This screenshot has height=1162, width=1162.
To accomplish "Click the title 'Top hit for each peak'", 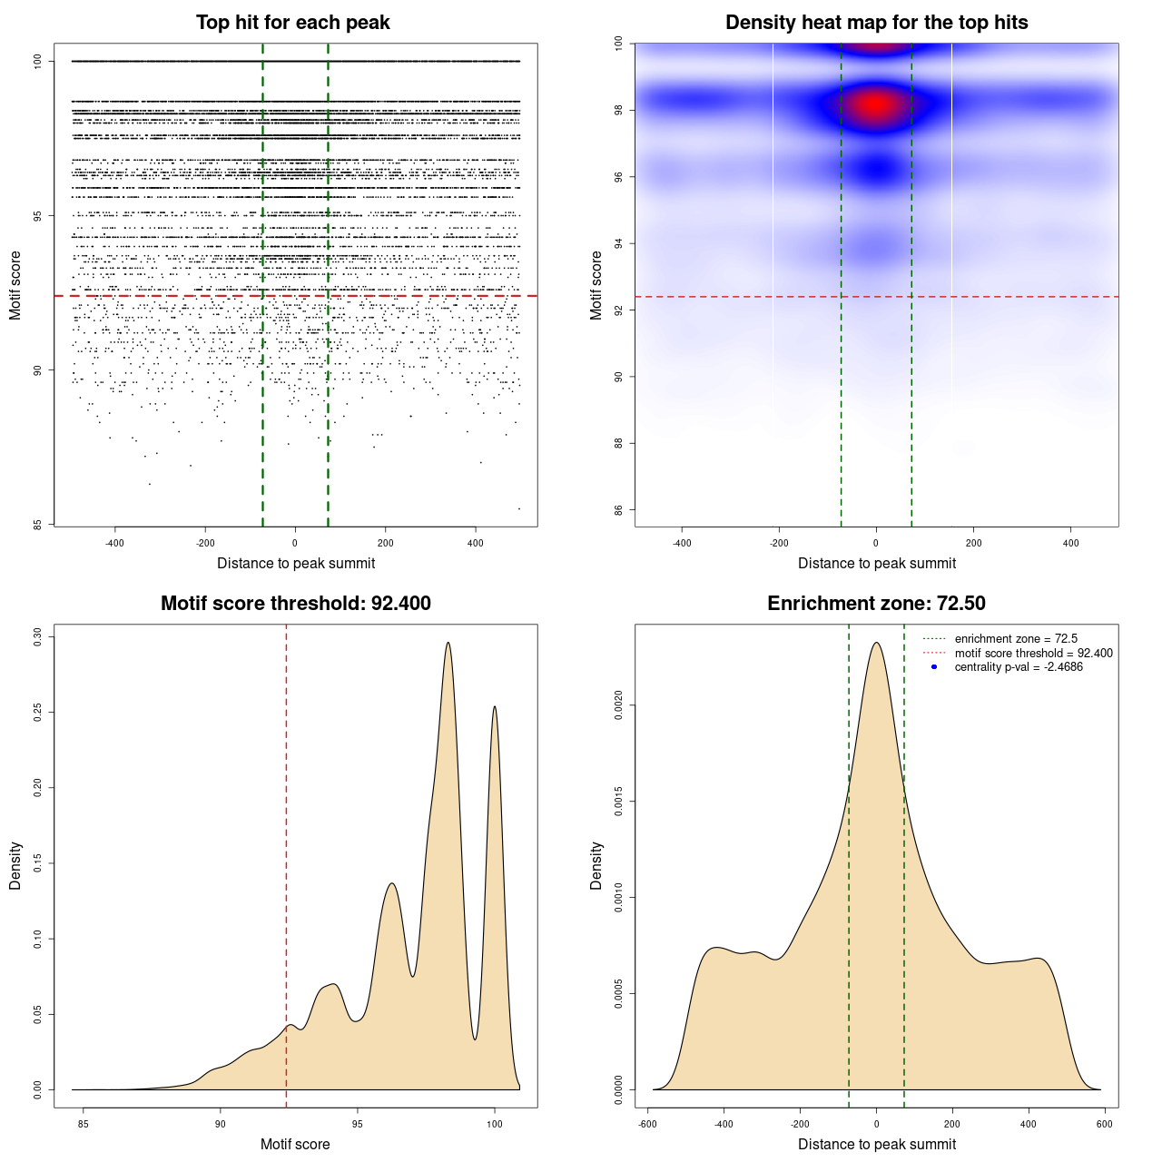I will pos(292,23).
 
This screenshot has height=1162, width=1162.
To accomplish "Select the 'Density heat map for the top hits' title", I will pos(876,23).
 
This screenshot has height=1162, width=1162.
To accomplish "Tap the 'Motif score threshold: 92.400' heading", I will pos(295,604).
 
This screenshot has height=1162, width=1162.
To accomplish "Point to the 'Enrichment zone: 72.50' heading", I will pos(876,604).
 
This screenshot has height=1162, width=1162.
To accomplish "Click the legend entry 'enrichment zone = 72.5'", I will pos(1016,639).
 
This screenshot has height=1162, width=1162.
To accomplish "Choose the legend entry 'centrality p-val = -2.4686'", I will pos(1019,667).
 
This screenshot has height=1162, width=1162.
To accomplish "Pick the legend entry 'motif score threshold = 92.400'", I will pos(1033,654).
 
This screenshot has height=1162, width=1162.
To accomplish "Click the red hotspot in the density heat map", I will pos(876,105).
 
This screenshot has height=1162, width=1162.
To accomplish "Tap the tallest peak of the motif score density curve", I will pos(448,644).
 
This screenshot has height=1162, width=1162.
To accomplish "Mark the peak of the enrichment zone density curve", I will pos(876,644).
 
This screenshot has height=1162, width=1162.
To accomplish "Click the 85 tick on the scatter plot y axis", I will pos(37,524).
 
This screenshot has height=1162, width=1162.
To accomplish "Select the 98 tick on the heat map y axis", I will pos(618,110).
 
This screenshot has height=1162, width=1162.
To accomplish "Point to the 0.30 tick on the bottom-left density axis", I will pos(37,636).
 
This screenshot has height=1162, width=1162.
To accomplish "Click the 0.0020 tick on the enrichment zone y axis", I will pos(618,705).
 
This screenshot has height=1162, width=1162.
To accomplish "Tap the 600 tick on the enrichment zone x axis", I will pos(1105,1124).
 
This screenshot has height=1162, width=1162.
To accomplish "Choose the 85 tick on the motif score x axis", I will pos(84,1124).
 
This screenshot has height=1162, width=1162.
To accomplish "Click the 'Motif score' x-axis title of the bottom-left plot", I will pos(295,1144).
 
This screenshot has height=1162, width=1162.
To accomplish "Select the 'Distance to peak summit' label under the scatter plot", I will pos(296,563).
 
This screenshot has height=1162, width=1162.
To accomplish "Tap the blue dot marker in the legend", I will pos(934,667).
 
